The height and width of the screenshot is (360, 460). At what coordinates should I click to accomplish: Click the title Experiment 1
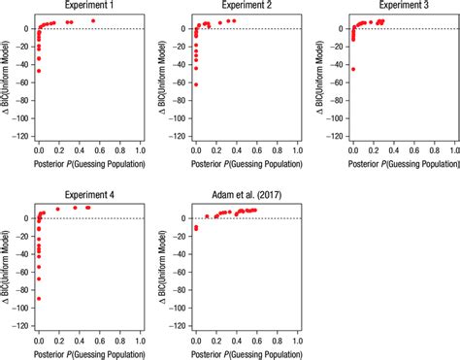point(88,6)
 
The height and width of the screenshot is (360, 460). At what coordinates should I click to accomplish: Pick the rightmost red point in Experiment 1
point(93,20)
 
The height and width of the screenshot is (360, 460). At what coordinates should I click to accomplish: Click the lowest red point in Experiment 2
point(196,84)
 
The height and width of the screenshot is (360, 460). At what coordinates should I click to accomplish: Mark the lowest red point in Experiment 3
point(352,69)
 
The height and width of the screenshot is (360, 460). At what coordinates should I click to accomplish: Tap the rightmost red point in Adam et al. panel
point(255,210)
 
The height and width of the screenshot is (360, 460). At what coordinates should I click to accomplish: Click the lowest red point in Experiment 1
point(39,71)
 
